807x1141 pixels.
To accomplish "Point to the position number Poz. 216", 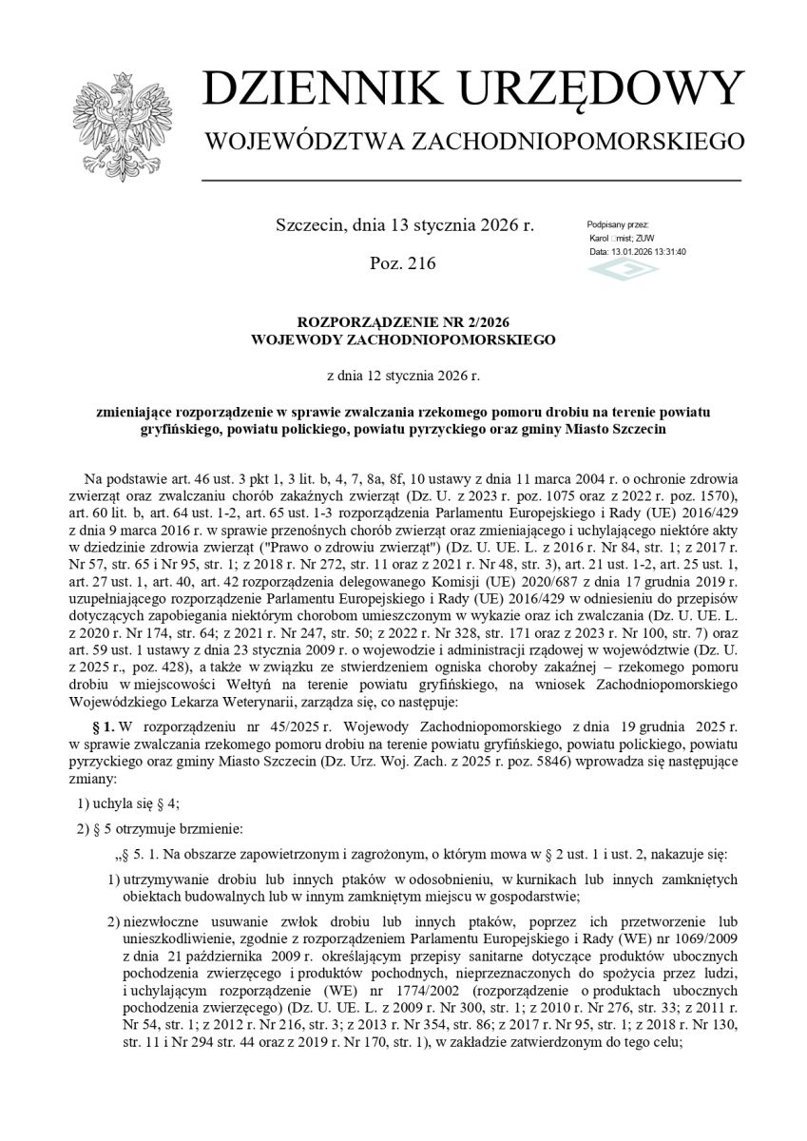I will coord(402,263).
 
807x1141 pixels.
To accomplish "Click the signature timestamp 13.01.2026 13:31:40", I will coord(650,252).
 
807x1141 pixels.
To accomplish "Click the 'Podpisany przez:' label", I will coord(618,224).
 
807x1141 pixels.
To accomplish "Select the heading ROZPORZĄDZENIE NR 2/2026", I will coord(403,321).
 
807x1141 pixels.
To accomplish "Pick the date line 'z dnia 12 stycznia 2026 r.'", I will coord(403,376).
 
